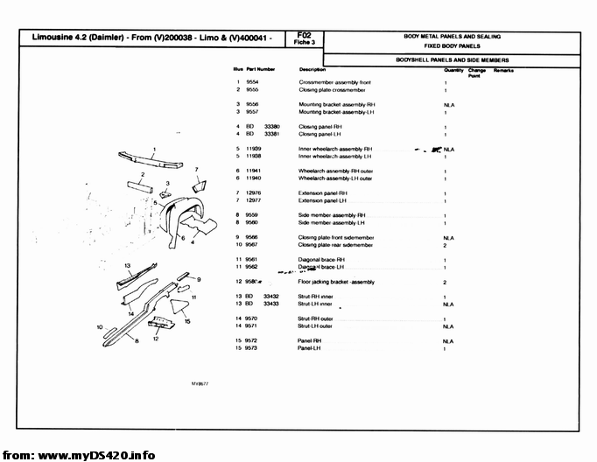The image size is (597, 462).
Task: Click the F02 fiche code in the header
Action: coord(304,36)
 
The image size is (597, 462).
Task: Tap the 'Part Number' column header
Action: coord(261,68)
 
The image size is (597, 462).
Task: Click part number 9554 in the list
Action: coord(252,81)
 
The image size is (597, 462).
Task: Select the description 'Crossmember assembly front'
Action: coord(335,81)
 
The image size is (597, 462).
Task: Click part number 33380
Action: coord(271,127)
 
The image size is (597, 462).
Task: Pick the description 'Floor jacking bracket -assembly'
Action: coord(337,283)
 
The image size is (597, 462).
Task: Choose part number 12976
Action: coord(254,192)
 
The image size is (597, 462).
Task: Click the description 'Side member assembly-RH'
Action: coord(332,214)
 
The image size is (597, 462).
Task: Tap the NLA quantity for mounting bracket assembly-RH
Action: coord(448,104)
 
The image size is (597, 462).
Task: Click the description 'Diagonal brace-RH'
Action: coord(322,260)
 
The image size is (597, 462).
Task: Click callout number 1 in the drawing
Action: coord(155,148)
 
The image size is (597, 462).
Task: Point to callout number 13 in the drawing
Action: coord(128,264)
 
